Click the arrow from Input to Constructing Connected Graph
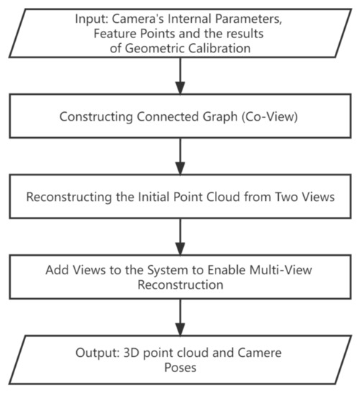179,79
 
